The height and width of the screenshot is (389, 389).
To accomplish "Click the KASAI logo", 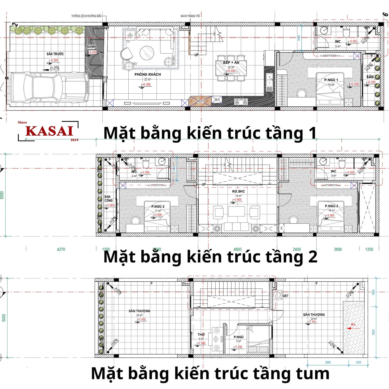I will point(49,131).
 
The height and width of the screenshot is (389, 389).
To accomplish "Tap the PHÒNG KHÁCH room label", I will point(148,74).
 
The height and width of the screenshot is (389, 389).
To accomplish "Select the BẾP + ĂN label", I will point(231,62).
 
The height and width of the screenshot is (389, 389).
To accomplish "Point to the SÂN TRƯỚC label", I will point(55,54).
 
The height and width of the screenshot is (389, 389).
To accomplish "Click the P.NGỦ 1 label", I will point(331,80).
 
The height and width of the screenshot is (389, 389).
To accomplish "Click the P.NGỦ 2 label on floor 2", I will point(158,206).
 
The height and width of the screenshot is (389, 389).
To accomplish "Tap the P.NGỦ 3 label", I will point(331,206).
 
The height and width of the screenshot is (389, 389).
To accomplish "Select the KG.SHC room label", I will point(238,191).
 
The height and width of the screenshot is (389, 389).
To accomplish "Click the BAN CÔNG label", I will point(108,199).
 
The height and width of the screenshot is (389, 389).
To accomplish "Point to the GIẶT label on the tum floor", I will point(285,296).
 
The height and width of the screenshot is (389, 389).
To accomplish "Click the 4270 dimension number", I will point(61,249).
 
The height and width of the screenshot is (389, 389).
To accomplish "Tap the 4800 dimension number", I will point(238,249).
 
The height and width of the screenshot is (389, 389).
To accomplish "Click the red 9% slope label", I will point(353,324).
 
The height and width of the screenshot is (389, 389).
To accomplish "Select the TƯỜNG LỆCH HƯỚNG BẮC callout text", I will point(86,16).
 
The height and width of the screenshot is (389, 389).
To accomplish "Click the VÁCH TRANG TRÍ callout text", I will point(190,16).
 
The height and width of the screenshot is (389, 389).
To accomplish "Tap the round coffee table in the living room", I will point(147,53).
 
